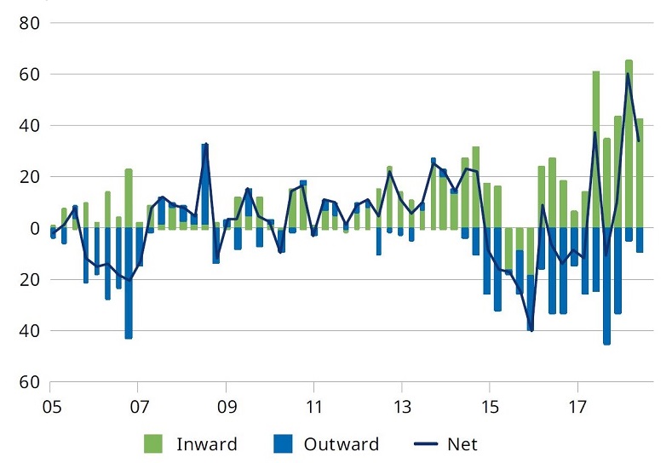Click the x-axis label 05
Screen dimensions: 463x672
[50, 408]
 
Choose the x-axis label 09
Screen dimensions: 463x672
[227, 408]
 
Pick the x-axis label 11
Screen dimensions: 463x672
[314, 408]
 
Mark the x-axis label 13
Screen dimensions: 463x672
[402, 408]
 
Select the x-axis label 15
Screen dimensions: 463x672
[490, 408]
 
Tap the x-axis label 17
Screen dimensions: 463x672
[578, 408]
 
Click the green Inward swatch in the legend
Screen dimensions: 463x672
[153, 443]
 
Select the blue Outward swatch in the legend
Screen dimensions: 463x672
[284, 443]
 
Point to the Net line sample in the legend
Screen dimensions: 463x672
[430, 443]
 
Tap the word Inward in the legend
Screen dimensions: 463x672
[206, 443]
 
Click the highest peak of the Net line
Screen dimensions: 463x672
[628, 74]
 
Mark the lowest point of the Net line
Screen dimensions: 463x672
[531, 330]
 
